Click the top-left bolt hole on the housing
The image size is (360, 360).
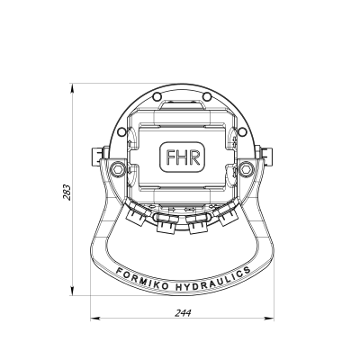(156, 96)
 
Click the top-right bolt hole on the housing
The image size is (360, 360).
(206, 96)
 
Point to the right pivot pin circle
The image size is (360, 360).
(247, 170)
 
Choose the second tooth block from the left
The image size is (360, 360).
(166, 228)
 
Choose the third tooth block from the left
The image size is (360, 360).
(198, 228)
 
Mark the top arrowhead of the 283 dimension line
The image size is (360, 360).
(74, 88)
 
